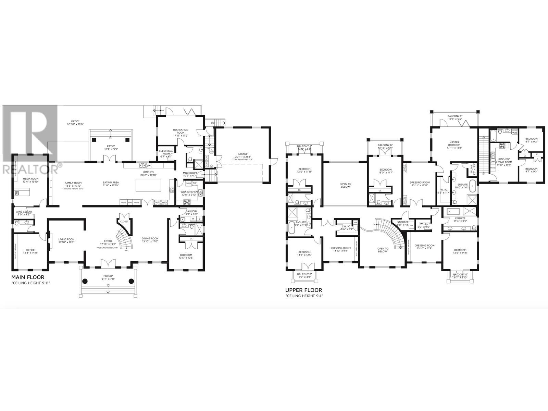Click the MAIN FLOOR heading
click(28, 277)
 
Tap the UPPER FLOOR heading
click(304, 290)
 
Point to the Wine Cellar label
click(24, 212)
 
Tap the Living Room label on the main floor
click(66, 239)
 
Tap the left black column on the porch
click(85, 281)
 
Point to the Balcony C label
click(455, 116)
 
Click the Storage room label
click(403, 222)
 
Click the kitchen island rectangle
click(147, 185)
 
